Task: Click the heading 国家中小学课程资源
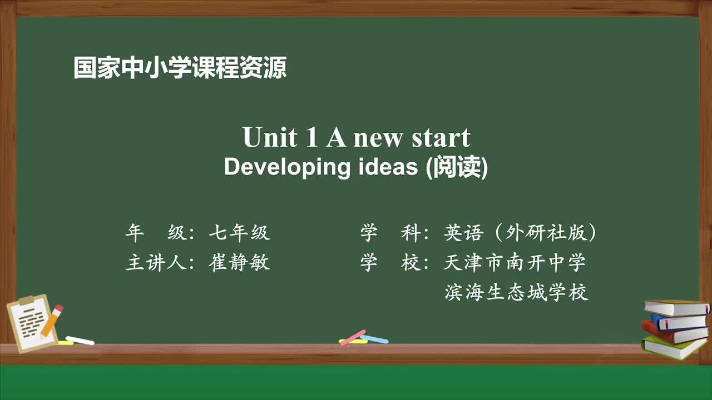point(180,68)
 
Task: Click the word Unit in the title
point(270,138)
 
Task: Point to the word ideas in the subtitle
point(385,167)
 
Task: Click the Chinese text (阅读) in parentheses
point(457,167)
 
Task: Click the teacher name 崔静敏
point(239,262)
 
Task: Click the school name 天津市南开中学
point(515,262)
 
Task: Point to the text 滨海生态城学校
point(516,292)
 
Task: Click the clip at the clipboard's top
point(26,301)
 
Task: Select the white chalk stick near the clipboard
point(80,340)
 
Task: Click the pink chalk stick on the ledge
point(353,337)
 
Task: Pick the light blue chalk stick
point(375,339)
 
